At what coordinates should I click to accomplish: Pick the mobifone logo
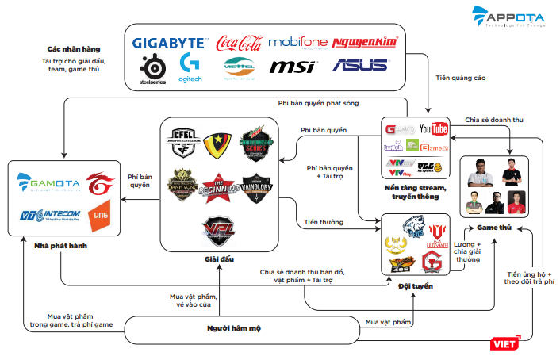[297, 42]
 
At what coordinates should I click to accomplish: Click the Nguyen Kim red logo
[365, 42]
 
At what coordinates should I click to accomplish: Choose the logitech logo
[190, 67]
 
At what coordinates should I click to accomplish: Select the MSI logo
[293, 67]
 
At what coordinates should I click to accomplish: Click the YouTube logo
[434, 128]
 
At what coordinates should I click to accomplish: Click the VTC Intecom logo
[49, 215]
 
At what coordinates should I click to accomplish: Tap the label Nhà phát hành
[60, 247]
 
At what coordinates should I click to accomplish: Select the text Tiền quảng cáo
[460, 78]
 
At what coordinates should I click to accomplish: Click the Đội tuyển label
[416, 285]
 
